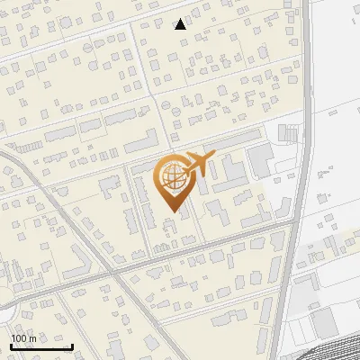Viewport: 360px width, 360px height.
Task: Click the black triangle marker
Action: [x=181, y=24]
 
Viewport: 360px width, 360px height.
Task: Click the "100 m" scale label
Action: [x=23, y=338]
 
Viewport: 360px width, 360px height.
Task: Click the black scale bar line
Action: [x=41, y=346]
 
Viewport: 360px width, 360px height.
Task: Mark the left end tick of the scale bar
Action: [x=11, y=345]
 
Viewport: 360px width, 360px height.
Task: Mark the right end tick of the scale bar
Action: [x=72, y=345]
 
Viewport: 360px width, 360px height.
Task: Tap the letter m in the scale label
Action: [x=32, y=338]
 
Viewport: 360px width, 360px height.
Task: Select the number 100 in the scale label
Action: [x=19, y=338]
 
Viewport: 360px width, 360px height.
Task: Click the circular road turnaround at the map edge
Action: [x=4, y=311]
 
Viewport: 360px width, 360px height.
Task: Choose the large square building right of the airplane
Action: [x=260, y=162]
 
